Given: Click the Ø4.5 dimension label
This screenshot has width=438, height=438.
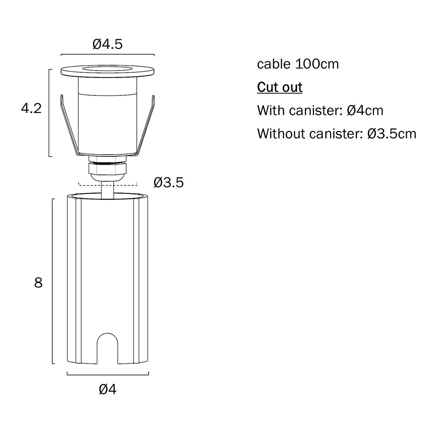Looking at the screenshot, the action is tap(108, 44).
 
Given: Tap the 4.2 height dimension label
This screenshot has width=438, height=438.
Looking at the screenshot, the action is tap(31, 108).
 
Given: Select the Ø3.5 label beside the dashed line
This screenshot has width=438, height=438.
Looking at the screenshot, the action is tap(169, 183).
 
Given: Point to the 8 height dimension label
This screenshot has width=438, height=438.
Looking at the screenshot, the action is tap(38, 283).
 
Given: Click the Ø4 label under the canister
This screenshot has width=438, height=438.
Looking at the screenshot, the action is tap(108, 389).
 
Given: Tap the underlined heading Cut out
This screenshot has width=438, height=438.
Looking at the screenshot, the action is tap(279, 88).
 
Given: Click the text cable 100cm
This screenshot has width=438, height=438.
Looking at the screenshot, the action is tap(298, 64).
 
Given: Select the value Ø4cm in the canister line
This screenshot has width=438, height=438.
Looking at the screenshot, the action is tap(365, 111).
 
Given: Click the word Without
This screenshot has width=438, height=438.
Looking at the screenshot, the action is tap(281, 134).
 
